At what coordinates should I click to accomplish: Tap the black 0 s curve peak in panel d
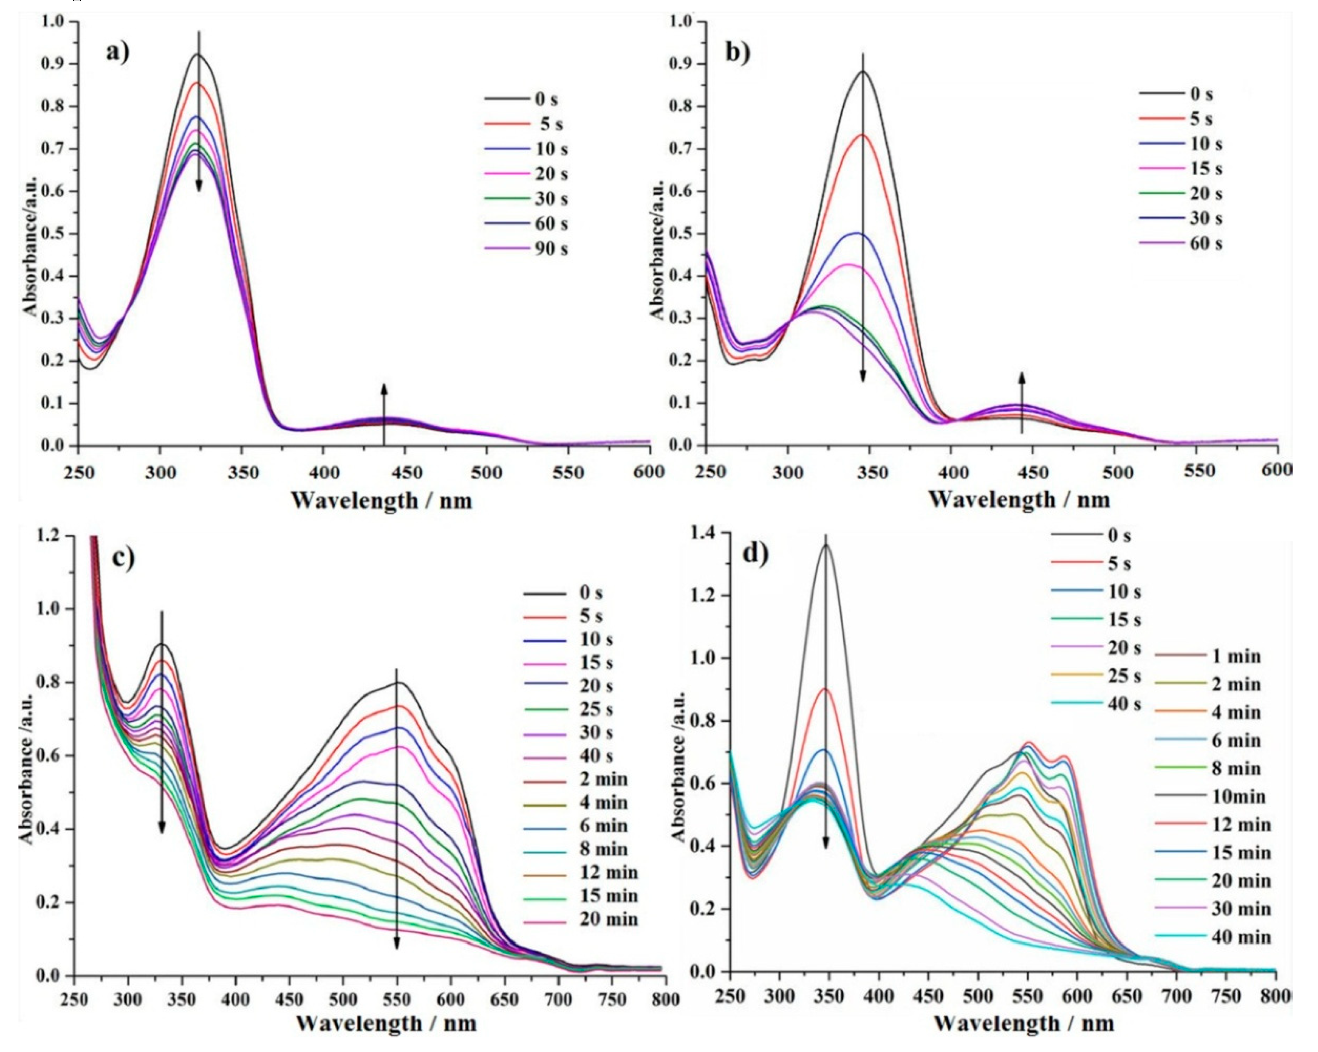(x=825, y=545)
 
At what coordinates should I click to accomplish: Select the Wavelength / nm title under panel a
(x=381, y=500)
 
